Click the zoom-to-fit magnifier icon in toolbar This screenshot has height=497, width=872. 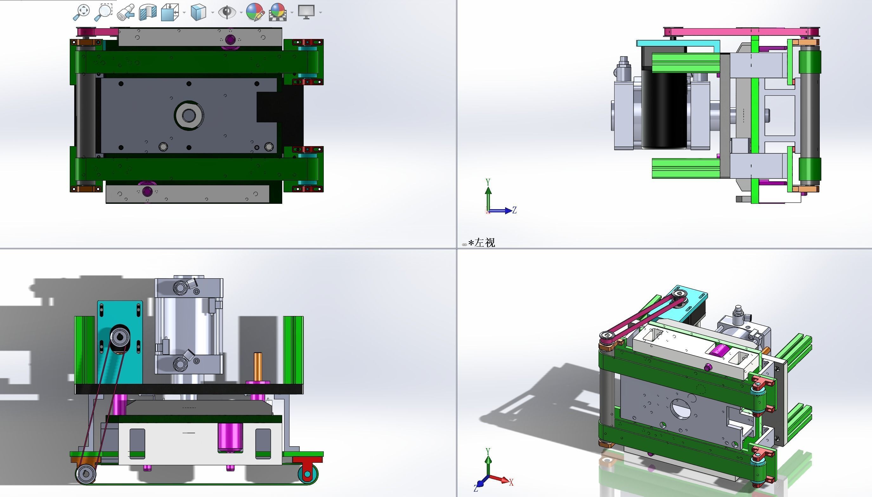coord(81,12)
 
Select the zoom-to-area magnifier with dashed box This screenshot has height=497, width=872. coord(103,12)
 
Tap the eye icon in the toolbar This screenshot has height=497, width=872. coord(227,12)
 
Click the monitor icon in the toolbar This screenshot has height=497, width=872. coord(306,12)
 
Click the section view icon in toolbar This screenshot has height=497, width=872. coord(148,12)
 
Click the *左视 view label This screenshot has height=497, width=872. coord(482,243)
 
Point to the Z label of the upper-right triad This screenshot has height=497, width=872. coord(514,210)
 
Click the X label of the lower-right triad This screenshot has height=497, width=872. coord(511,482)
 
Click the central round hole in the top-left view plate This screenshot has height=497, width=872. coord(188,115)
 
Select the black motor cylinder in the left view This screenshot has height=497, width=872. coord(664,109)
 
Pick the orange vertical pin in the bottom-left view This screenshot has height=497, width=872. coord(258,367)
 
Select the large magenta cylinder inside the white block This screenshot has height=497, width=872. coord(230,437)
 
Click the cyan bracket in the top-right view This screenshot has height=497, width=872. coord(678,44)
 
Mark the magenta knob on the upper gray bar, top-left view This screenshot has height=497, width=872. coord(231,40)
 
